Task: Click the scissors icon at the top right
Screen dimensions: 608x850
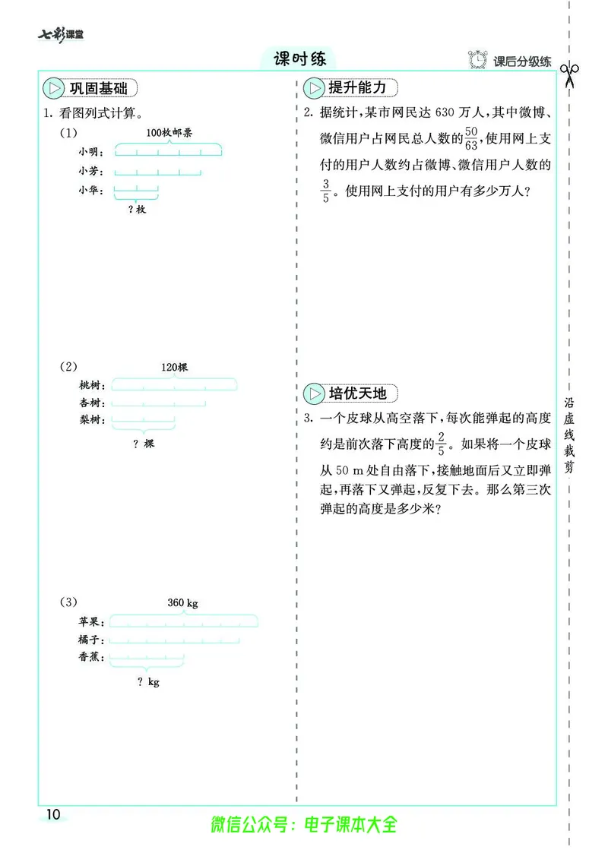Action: (x=569, y=74)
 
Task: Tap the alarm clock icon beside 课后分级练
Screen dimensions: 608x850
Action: (x=478, y=59)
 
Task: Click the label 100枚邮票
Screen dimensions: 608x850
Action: (x=169, y=132)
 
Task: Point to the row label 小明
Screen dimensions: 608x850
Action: (x=91, y=151)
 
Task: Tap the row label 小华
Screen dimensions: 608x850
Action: (x=91, y=190)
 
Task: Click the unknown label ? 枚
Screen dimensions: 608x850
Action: (x=137, y=209)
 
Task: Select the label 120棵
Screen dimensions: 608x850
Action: (x=174, y=367)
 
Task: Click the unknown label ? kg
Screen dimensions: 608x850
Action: (x=148, y=682)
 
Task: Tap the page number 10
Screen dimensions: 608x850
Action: (x=52, y=814)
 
